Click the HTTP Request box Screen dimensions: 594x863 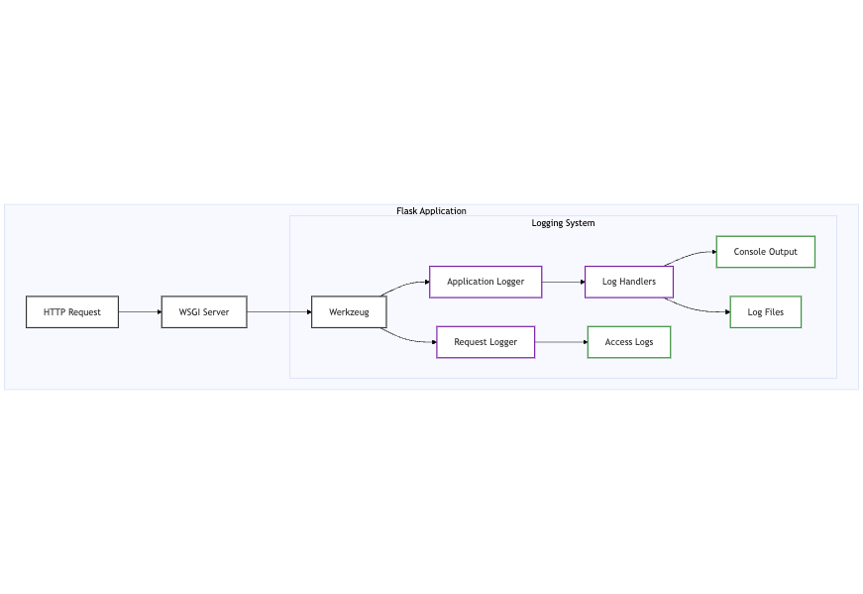tap(72, 312)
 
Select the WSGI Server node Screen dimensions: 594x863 tap(204, 312)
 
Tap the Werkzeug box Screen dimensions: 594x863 tap(349, 312)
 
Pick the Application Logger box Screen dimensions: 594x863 tap(485, 282)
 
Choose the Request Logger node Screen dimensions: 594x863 tap(485, 342)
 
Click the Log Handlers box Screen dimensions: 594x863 tap(629, 282)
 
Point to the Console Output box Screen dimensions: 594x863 tap(765, 252)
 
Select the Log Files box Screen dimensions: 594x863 tap(765, 312)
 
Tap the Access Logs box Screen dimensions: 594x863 tap(629, 342)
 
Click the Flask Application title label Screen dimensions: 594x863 tap(431, 211)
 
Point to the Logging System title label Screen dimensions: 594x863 tap(563, 223)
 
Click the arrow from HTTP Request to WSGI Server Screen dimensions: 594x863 tap(140, 312)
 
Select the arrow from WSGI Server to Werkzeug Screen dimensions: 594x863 tap(278, 312)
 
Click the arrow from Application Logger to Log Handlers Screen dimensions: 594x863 tap(563, 282)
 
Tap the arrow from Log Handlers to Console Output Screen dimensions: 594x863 tap(692, 255)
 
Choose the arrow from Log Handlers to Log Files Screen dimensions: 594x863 tap(699, 309)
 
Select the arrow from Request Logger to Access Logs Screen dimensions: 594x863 tap(561, 342)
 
